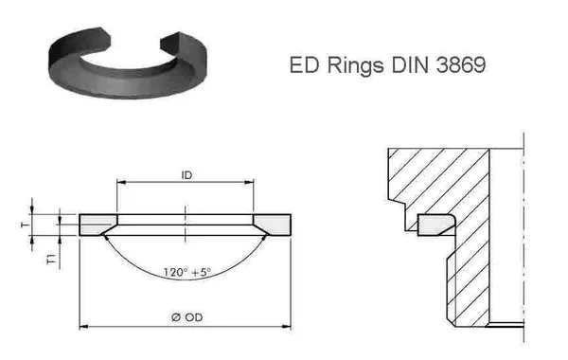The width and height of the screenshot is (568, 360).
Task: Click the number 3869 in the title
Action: (461, 64)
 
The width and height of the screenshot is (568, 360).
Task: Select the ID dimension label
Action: (186, 175)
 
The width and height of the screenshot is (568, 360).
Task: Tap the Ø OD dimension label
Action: (186, 317)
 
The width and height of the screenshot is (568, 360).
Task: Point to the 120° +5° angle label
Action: (186, 272)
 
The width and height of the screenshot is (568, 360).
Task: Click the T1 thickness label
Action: (52, 260)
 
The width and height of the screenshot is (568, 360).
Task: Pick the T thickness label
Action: (26, 225)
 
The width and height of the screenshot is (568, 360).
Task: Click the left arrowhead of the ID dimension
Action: (121, 182)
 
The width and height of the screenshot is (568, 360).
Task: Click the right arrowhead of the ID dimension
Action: (249, 182)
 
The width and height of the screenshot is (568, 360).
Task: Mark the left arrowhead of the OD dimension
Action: (83, 327)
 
